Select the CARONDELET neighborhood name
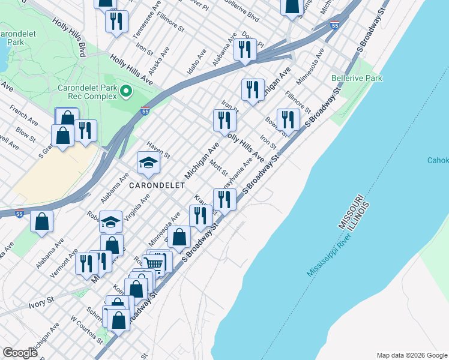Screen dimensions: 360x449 tap(157, 185)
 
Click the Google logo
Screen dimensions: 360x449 tap(20, 353)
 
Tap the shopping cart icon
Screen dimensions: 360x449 tap(155, 263)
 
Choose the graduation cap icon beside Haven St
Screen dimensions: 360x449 tap(148, 163)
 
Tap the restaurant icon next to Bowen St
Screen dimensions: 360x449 tap(288, 119)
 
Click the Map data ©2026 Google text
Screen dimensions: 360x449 tap(411, 355)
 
